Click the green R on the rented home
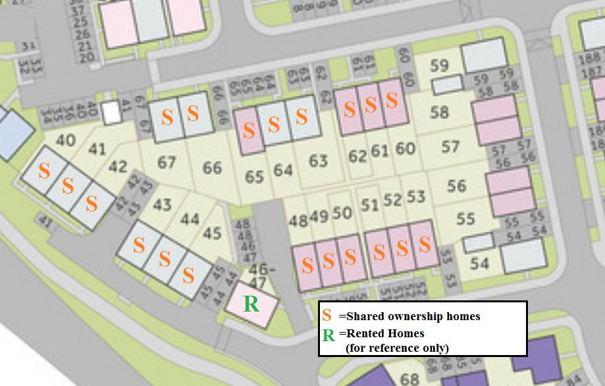(251, 304)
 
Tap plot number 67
(167, 161)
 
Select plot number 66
(212, 167)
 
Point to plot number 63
(318, 160)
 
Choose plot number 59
(439, 66)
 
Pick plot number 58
(439, 112)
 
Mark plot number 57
(450, 146)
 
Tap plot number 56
(456, 185)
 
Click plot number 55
(465, 217)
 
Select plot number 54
(479, 263)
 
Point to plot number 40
(65, 140)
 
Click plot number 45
(212, 233)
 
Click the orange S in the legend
(327, 316)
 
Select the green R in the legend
(329, 335)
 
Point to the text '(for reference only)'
(397, 348)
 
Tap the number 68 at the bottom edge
(409, 379)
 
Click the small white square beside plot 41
(112, 114)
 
